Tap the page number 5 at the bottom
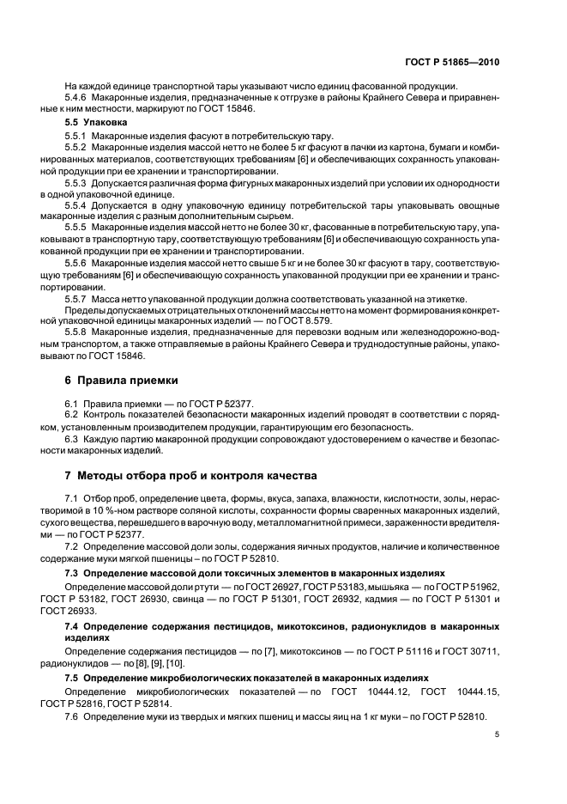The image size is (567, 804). point(498,734)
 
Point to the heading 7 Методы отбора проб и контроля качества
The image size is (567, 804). point(184,474)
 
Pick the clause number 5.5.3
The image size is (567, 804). point(78,184)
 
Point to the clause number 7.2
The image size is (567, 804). point(72,546)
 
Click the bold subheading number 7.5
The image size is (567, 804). point(72,678)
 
